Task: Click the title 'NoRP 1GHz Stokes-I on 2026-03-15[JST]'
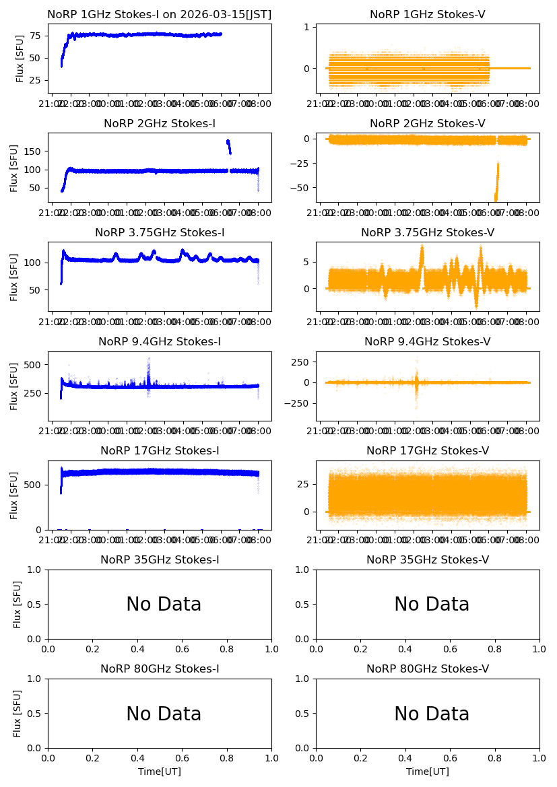click(x=160, y=14)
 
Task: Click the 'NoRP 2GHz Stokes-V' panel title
click(x=428, y=123)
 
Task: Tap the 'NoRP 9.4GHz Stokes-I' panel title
click(x=160, y=341)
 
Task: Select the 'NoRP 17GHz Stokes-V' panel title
click(x=428, y=450)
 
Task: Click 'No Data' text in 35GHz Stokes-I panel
click(x=164, y=605)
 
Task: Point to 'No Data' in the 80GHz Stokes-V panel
click(x=432, y=714)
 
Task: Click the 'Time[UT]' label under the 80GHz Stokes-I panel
click(x=160, y=772)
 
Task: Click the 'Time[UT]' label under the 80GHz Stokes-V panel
click(x=428, y=772)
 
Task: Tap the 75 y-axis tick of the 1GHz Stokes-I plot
click(x=34, y=36)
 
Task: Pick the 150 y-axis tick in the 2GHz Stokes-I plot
click(x=34, y=151)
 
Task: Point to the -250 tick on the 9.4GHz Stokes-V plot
click(x=297, y=403)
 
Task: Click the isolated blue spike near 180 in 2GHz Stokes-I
click(x=228, y=143)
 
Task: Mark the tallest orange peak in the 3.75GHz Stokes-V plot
click(x=422, y=248)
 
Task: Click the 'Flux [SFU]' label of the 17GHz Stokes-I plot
click(x=14, y=495)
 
